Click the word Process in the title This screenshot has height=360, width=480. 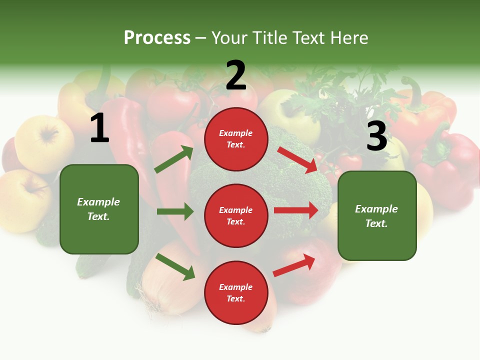pyautogui.click(x=157, y=38)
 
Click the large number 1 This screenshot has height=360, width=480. pyautogui.click(x=99, y=128)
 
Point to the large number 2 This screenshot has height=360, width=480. pyautogui.click(x=236, y=75)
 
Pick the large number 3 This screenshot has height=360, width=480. pyautogui.click(x=376, y=136)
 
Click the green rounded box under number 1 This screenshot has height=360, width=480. pyautogui.click(x=99, y=209)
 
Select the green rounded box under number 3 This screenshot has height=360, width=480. pyautogui.click(x=377, y=216)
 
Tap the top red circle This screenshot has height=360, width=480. pyautogui.click(x=236, y=139)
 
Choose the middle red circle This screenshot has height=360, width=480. pyautogui.click(x=236, y=216)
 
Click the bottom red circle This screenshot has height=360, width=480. pyautogui.click(x=236, y=292)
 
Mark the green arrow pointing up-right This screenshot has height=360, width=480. pyautogui.click(x=174, y=159)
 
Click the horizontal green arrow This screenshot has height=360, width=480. pyautogui.click(x=175, y=211)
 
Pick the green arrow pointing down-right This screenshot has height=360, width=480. pyautogui.click(x=175, y=266)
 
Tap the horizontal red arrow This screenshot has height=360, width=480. pyautogui.click(x=296, y=210)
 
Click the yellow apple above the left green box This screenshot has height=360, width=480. pyautogui.click(x=44, y=137)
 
